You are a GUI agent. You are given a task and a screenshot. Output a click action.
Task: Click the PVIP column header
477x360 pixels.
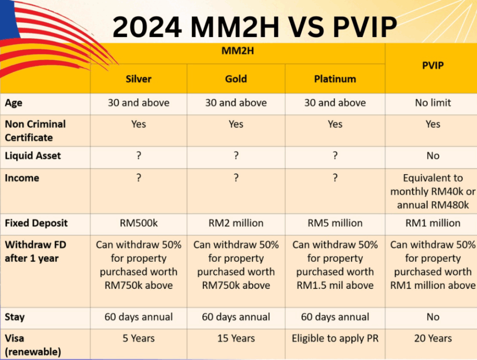coord(433,65)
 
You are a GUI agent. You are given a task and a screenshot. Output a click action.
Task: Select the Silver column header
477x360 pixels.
coord(138,79)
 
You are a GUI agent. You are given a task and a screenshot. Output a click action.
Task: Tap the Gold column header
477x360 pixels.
coord(236,79)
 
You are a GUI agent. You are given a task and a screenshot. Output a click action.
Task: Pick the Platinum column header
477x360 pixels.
coord(335,79)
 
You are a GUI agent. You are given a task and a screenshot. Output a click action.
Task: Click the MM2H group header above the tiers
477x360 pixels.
coord(238,51)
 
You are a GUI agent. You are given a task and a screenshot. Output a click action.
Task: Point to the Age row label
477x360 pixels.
coord(14,103)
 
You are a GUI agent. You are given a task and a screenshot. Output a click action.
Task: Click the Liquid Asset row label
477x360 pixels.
coord(33,156)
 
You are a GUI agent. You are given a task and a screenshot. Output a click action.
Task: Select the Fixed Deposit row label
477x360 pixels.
coord(36,223)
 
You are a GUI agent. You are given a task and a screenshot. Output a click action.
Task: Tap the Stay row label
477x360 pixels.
coord(15,317)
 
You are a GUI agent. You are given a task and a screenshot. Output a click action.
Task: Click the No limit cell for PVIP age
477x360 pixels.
coord(433,103)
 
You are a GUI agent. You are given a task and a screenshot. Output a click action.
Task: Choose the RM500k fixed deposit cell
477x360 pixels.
coord(139,223)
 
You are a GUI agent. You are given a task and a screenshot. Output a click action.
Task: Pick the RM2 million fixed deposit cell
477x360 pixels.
coord(236,223)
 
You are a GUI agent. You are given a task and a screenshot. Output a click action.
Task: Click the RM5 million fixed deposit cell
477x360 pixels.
coord(335,223)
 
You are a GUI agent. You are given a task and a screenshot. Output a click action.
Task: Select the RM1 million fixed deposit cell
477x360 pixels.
coord(433,223)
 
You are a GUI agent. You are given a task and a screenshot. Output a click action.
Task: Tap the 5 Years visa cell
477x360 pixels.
coord(139,339)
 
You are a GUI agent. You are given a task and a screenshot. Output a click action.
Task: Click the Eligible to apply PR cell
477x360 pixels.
coord(335,339)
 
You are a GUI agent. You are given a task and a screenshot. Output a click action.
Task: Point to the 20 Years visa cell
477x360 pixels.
coord(433,339)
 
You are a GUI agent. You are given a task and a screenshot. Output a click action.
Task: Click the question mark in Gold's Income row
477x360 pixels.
coord(236,178)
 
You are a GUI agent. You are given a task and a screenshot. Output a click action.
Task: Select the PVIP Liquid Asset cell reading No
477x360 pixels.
coord(433,156)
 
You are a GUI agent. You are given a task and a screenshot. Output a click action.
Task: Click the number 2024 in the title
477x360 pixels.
coord(147,27)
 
